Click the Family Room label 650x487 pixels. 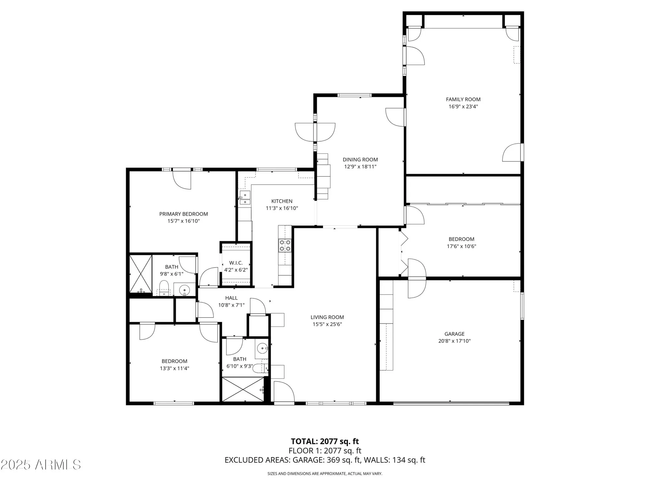463,99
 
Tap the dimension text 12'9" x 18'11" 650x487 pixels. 360,167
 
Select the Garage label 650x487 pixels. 454,334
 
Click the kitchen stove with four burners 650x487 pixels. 285,245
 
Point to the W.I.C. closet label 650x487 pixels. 236,263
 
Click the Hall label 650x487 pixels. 231,298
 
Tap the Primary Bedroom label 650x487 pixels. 183,214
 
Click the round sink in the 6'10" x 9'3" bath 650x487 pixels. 262,349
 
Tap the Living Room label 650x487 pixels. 327,317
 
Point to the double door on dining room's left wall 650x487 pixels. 315,132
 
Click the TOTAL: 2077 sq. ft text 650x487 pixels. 325,441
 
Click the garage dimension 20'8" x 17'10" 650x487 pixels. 454,341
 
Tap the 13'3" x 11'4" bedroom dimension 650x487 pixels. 175,368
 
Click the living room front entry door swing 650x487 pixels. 284,392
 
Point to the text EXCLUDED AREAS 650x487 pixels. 257,460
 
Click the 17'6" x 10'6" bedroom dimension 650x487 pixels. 461,246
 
